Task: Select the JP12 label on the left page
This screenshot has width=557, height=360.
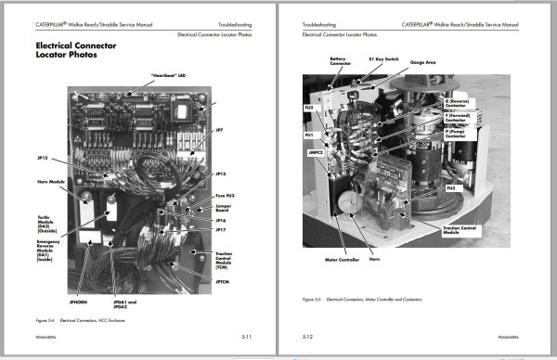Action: click(43, 158)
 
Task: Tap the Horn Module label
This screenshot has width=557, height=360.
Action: click(48, 182)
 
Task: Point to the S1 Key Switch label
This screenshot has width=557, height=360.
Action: click(382, 58)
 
